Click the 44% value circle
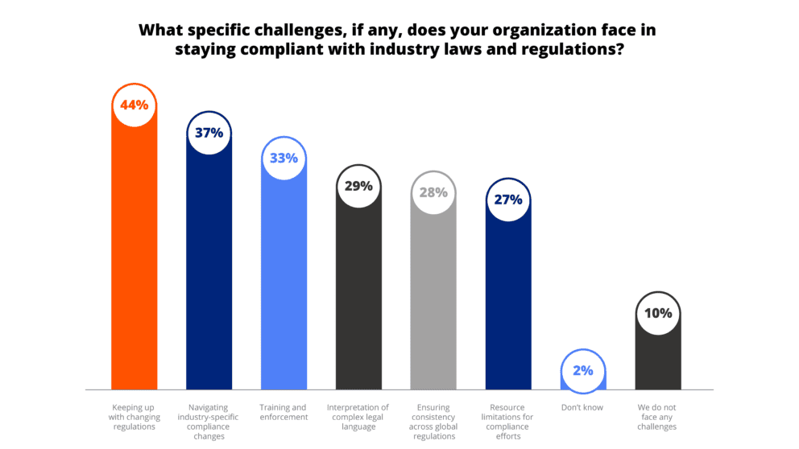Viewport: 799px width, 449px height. (133, 105)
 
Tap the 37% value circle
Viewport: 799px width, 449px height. (209, 133)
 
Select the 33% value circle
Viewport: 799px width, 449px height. (284, 159)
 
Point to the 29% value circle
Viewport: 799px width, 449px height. (358, 187)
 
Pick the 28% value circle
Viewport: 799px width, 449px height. (433, 193)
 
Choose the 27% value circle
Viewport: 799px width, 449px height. (508, 200)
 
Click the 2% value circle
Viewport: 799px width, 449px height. (583, 371)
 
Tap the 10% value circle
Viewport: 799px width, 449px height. (658, 313)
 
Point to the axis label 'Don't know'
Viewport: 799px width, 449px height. (583, 408)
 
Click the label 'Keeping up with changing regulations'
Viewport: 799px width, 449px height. (133, 417)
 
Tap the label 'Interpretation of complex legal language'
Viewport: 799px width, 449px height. (358, 417)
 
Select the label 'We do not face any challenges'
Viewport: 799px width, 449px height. (658, 417)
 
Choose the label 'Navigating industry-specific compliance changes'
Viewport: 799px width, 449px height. (209, 422)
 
